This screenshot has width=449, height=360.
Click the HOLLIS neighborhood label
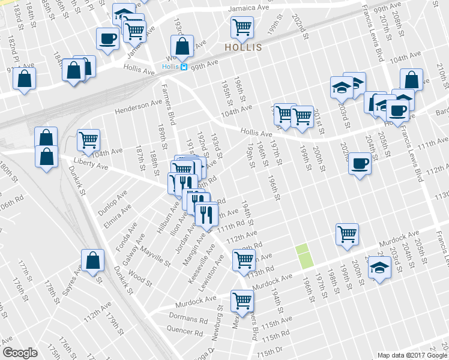pyautogui.click(x=243, y=47)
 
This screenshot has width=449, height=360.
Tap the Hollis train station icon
pyautogui.click(x=184, y=67)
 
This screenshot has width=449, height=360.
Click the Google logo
pyautogui.click(x=20, y=353)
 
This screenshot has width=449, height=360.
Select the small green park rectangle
pyautogui.click(x=305, y=256)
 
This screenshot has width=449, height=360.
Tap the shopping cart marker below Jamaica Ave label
pyautogui.click(x=242, y=26)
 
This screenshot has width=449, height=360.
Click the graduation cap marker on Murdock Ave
pyautogui.click(x=379, y=266)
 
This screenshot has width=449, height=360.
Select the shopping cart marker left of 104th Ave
pyautogui.click(x=88, y=140)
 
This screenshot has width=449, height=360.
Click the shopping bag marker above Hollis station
pyautogui.click(x=182, y=46)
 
